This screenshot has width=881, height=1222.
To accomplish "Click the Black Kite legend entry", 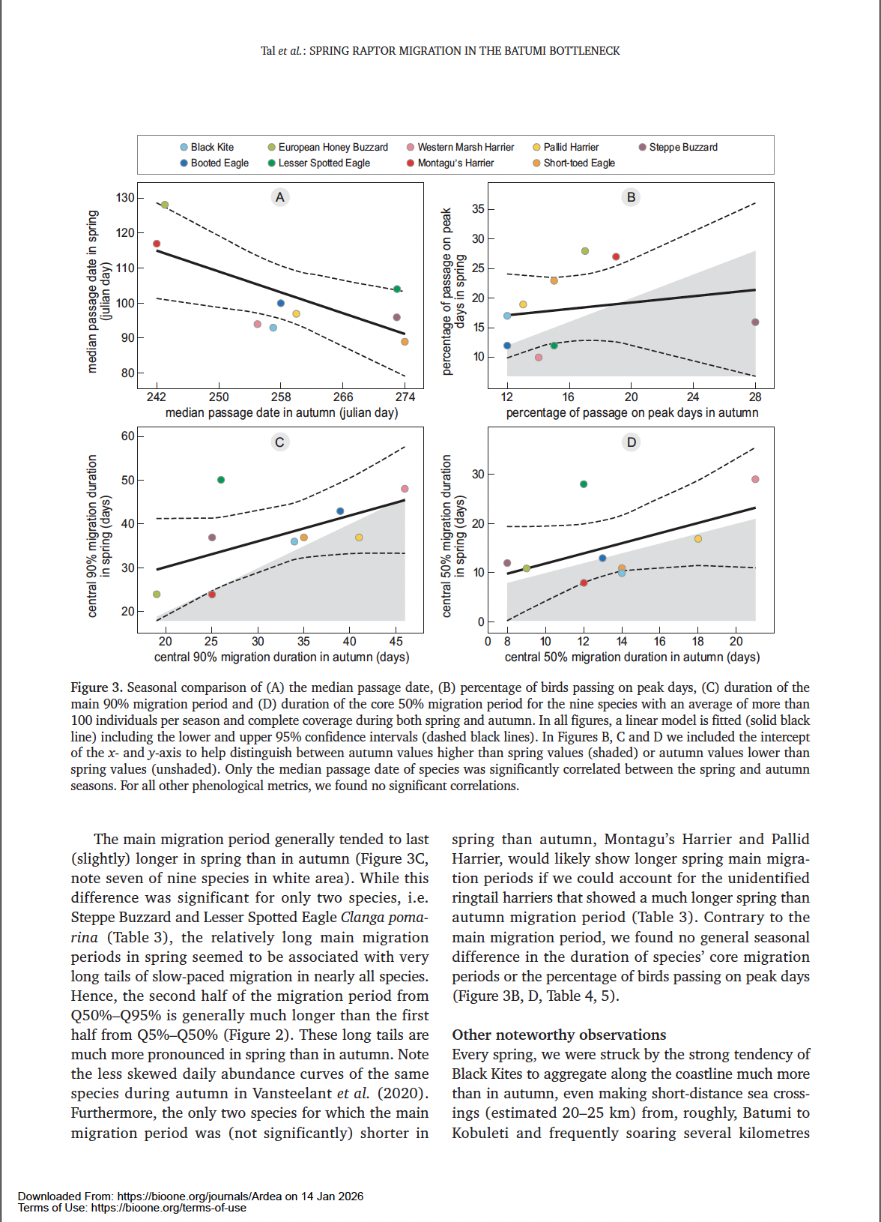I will pyautogui.click(x=207, y=147).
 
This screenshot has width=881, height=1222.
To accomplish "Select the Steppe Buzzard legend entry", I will pyautogui.click(x=678, y=147).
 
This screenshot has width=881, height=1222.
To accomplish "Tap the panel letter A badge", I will pyautogui.click(x=280, y=197).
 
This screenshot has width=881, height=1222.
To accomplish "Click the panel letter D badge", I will pyautogui.click(x=632, y=442).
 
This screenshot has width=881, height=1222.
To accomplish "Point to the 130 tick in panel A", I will pyautogui.click(x=125, y=198).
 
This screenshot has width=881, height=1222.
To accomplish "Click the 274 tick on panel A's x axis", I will pyautogui.click(x=405, y=397).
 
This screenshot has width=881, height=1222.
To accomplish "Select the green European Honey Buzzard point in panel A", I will pyautogui.click(x=165, y=205).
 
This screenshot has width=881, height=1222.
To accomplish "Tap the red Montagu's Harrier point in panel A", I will pyautogui.click(x=157, y=244).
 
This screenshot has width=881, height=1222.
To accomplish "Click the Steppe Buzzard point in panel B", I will pyautogui.click(x=755, y=322).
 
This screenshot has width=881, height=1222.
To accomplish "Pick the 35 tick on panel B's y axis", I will pyautogui.click(x=478, y=209).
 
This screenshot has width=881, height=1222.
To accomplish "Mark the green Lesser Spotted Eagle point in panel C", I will pyautogui.click(x=221, y=480).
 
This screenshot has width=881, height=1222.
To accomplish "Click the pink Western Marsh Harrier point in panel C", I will pyautogui.click(x=405, y=489).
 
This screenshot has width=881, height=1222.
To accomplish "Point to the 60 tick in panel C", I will pyautogui.click(x=127, y=436).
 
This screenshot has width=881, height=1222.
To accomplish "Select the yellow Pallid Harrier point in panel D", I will pyautogui.click(x=698, y=539).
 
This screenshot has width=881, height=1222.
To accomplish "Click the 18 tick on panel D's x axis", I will pyautogui.click(x=698, y=641).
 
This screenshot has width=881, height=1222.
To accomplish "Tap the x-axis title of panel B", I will pyautogui.click(x=632, y=413).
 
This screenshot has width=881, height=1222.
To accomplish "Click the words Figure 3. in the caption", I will pyautogui.click(x=97, y=687).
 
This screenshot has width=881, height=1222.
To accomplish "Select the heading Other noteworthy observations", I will pyautogui.click(x=559, y=1035).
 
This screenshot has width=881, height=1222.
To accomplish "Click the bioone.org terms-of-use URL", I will pyautogui.click(x=169, y=1208).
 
